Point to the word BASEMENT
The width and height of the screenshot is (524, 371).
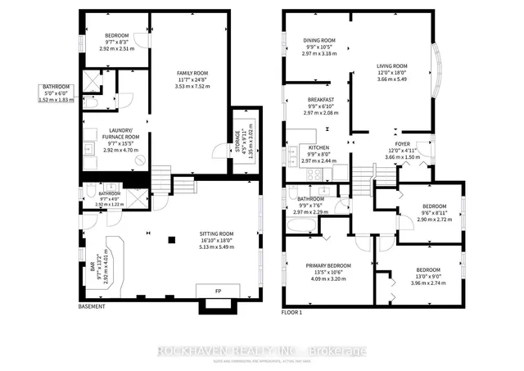(92, 307)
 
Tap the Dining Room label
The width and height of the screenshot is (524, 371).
(319, 40)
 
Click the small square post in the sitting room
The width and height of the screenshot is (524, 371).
(171, 240)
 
